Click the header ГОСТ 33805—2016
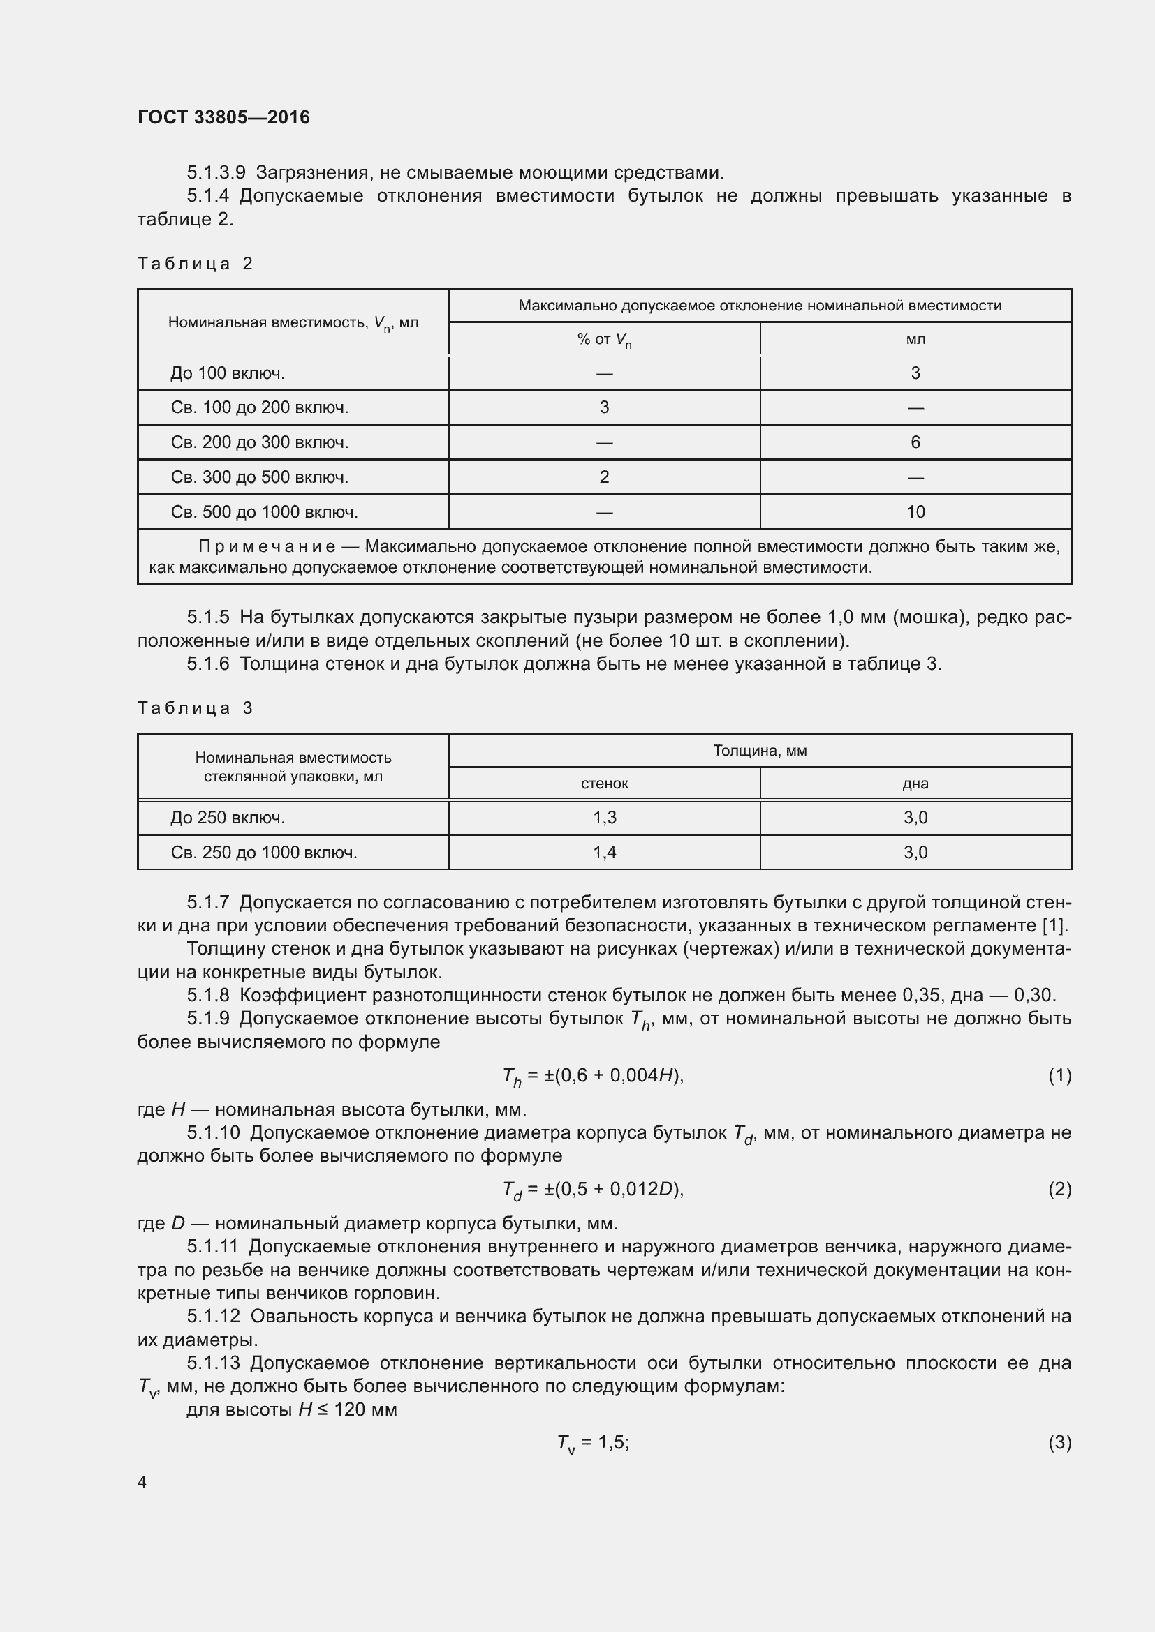coord(223,117)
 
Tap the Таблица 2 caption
coord(195,264)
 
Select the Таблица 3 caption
coord(195,708)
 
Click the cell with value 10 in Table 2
coord(915,511)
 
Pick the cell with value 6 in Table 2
coord(915,442)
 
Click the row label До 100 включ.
coord(228,373)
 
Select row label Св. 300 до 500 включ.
coord(260,477)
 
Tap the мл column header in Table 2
coord(915,339)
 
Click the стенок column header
coord(604,784)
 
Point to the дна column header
coord(915,784)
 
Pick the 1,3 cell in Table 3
coord(604,818)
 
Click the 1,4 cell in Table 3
coord(604,852)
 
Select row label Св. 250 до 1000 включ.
coord(264,852)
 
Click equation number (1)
coord(1059,1075)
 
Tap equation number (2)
coord(1059,1189)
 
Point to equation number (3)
coord(1059,1442)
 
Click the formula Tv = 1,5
coord(592,1443)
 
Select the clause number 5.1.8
coord(207,995)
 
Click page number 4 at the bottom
coord(142,1482)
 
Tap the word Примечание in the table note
coord(267,546)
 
